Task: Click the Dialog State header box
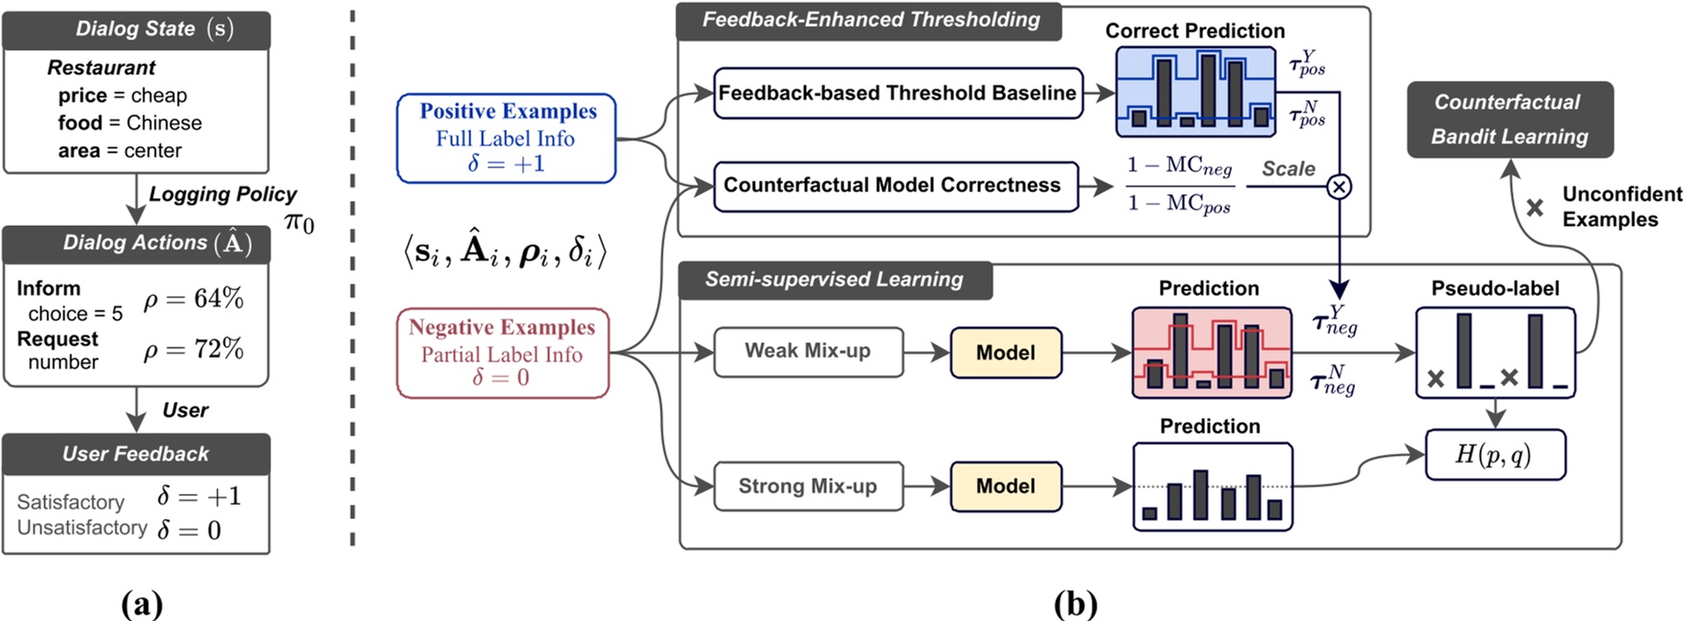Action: (136, 30)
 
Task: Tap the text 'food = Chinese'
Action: (130, 123)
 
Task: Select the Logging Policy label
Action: (222, 194)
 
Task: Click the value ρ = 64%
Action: (193, 300)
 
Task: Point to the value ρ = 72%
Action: (193, 349)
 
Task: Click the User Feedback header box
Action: (136, 454)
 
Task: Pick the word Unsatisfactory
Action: (82, 528)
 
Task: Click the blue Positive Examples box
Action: (507, 138)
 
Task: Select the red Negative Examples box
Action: (502, 353)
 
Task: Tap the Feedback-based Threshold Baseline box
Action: (897, 93)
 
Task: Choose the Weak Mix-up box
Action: (808, 352)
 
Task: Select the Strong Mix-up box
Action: (808, 486)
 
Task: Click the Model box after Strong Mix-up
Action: (1005, 486)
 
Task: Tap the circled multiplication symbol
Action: (1339, 186)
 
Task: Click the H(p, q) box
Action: (1494, 455)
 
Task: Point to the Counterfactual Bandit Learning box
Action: (1509, 119)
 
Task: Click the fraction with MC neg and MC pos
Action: (1179, 185)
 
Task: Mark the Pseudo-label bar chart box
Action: (1495, 353)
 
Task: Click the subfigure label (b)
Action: (1075, 605)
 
